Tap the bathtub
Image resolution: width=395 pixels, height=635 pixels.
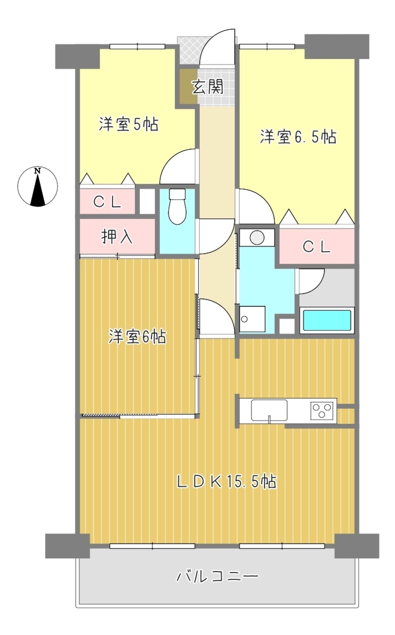[327, 320]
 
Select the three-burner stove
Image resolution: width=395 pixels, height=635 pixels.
[322, 411]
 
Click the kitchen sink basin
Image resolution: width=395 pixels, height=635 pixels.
[269, 410]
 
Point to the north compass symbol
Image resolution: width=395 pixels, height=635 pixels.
[37, 187]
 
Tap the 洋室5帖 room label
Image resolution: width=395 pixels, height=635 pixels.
[128, 124]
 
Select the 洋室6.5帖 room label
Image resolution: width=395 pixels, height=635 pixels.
[298, 137]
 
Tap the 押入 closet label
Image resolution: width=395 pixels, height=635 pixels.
[117, 237]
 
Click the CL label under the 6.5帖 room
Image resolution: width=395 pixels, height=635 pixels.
[316, 247]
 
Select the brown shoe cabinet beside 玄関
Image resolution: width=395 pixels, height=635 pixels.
[189, 87]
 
